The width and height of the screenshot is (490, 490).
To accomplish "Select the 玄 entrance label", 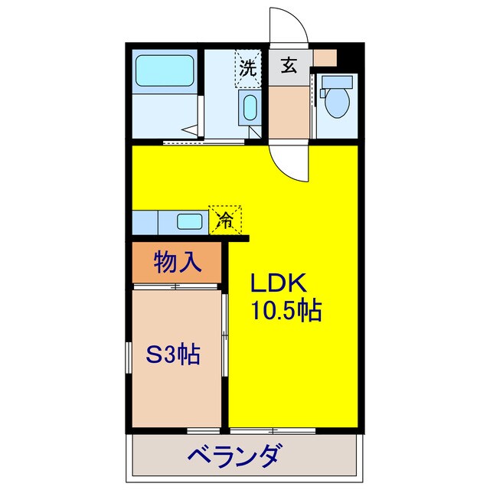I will [x=289, y=66].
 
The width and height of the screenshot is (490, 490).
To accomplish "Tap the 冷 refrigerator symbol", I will [x=226, y=220].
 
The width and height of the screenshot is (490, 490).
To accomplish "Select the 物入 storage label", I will [x=178, y=263].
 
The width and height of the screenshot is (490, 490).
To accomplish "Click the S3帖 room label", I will [x=173, y=354].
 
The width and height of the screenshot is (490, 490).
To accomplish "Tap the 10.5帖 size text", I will [x=286, y=310].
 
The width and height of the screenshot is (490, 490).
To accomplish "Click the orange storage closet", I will [x=178, y=263].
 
